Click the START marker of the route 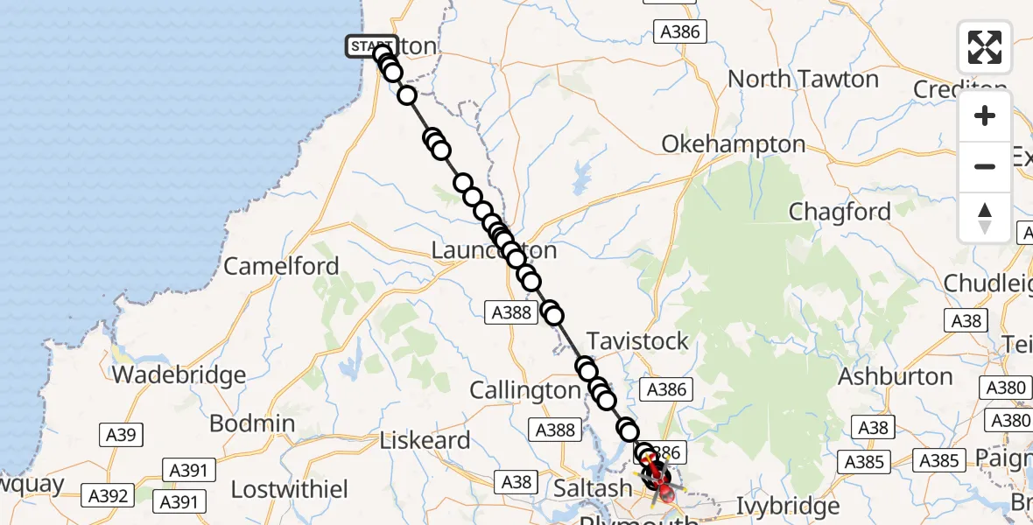(x=371, y=46)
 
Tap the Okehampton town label (x=733, y=144)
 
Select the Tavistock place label (x=637, y=341)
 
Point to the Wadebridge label (x=179, y=375)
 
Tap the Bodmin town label (x=252, y=423)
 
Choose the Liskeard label (x=425, y=440)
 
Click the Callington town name (x=525, y=390)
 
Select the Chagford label (x=840, y=212)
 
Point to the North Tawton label (x=803, y=80)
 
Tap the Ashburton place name (x=895, y=377)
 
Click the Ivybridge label (x=787, y=507)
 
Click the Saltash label (x=593, y=487)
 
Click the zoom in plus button (x=985, y=116)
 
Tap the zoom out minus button (x=985, y=166)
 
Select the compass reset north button (x=985, y=217)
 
